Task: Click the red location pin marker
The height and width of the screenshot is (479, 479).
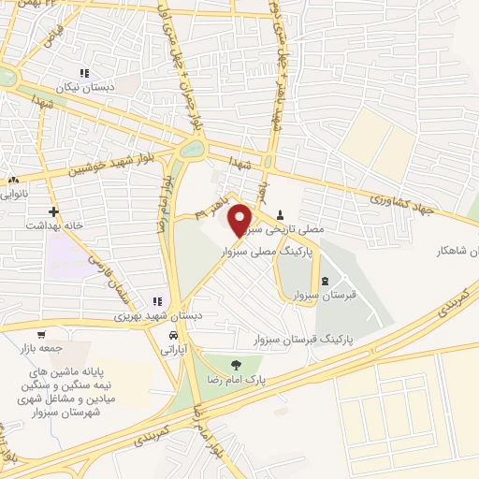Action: pos(240,220)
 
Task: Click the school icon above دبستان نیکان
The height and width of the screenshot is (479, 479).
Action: pos(84,73)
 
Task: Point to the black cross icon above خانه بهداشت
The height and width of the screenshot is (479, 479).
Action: pos(54,211)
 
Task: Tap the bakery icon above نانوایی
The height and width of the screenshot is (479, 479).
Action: pos(12,180)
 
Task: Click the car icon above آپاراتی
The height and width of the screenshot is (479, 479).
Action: pos(173,334)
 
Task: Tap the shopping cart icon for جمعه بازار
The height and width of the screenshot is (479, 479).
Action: pos(40,334)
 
